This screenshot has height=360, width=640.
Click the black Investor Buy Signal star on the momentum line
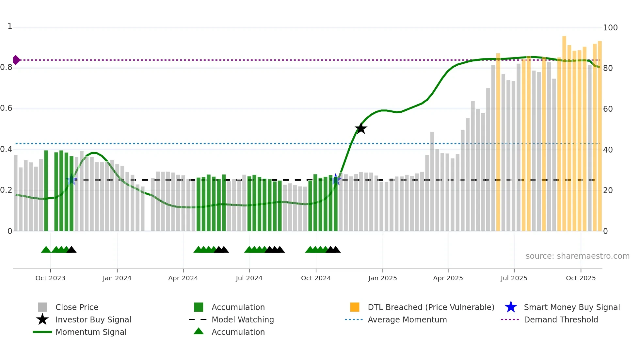(x=361, y=128)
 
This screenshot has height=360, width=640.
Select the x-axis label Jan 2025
(x=382, y=278)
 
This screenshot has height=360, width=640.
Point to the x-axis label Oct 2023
(x=50, y=278)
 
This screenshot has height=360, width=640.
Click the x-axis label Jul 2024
(x=249, y=278)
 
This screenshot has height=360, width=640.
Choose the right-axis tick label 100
(x=610, y=28)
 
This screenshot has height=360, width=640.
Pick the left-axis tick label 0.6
(x=6, y=108)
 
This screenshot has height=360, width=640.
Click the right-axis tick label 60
(x=608, y=109)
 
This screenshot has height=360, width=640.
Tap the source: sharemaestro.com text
(x=577, y=256)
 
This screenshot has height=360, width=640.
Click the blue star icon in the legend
(x=511, y=307)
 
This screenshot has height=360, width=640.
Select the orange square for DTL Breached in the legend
(x=355, y=307)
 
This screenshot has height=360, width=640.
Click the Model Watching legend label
(x=243, y=319)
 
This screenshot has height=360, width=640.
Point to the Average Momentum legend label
(x=407, y=319)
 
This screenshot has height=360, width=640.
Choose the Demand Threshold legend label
(x=561, y=319)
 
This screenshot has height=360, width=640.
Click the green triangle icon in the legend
(x=199, y=332)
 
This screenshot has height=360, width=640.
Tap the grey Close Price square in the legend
(x=42, y=307)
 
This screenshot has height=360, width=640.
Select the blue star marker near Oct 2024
(x=336, y=179)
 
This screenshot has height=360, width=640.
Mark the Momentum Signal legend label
(x=91, y=332)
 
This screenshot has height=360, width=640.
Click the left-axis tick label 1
(x=10, y=26)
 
